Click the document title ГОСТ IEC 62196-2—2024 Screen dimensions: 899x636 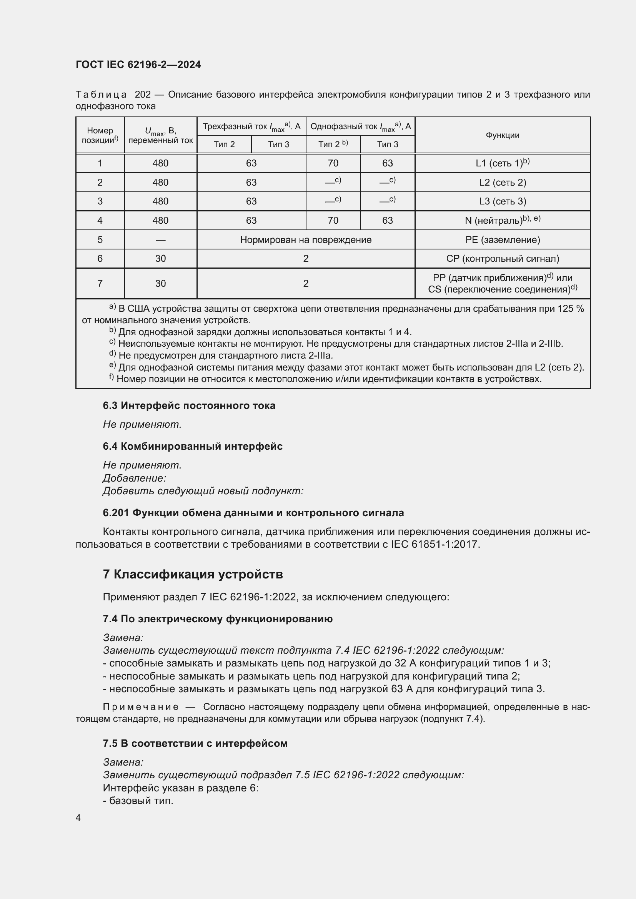click(138, 65)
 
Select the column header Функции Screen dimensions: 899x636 click(502, 135)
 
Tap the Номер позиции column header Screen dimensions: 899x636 click(100, 135)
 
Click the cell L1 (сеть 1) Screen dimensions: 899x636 click(502, 163)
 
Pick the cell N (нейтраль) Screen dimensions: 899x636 click(502, 221)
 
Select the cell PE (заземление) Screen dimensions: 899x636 click(502, 239)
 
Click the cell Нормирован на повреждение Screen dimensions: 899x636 click(305, 239)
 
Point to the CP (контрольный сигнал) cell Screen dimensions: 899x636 click(502, 258)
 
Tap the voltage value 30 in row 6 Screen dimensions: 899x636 click(161, 258)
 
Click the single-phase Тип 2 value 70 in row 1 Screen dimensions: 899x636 click(333, 163)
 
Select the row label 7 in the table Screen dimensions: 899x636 click(100, 284)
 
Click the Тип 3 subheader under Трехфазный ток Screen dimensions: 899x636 click(278, 145)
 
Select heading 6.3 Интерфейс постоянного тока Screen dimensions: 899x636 click(189, 405)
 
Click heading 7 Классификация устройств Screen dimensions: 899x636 click(193, 574)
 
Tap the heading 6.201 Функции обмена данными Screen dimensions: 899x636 click(253, 513)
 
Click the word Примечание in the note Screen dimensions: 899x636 click(141, 707)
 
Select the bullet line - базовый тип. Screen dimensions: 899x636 click(138, 801)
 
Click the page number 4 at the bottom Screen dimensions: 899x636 click(78, 818)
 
